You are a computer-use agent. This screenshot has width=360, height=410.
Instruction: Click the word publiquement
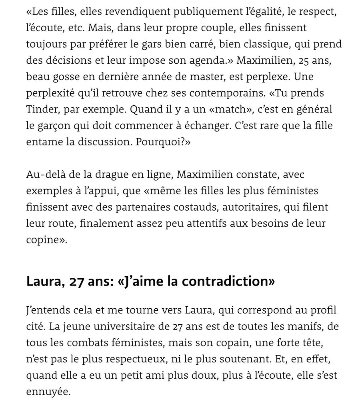pyautogui.click(x=207, y=12)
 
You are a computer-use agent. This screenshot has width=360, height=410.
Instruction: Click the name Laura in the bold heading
pyautogui.click(x=42, y=281)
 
